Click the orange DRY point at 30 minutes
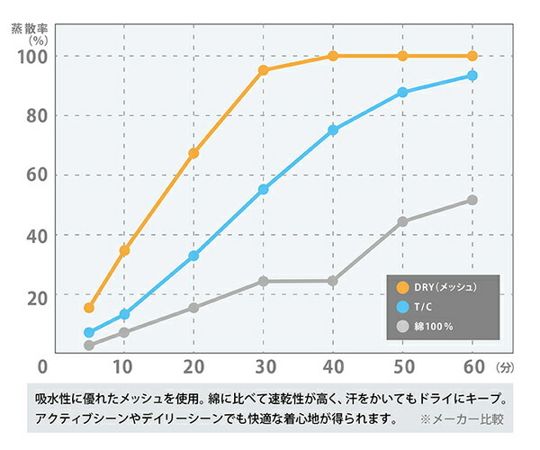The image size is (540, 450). coord(264,70)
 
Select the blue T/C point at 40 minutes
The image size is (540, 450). coord(333,130)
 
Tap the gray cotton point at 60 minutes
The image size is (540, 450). coord(472,200)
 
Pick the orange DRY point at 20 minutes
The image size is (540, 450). coord(193,153)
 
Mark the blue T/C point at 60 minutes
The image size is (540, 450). coord(472,76)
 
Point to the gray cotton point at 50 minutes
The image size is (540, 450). coord(402,221)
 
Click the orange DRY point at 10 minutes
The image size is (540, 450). coord(124,250)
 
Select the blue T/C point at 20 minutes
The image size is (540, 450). coord(193,256)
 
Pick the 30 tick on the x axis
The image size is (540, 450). coord(264,367)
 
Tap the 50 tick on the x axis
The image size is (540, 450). coord(402,367)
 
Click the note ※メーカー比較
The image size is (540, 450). coord(459,419)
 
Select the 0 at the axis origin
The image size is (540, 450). coord(41,367)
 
